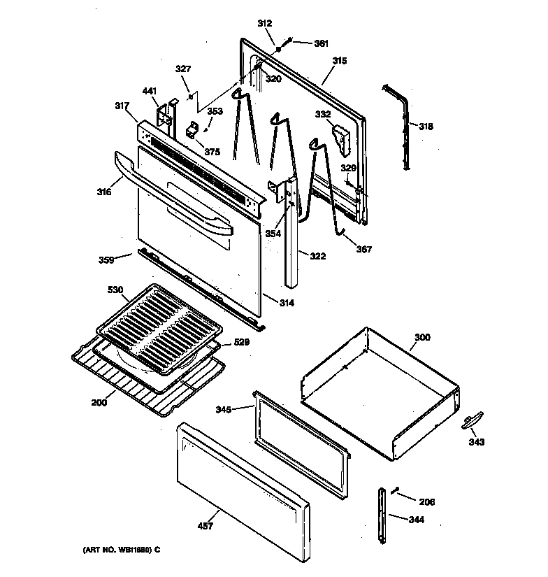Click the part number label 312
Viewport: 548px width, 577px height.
click(264, 24)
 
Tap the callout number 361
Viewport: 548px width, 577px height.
click(321, 43)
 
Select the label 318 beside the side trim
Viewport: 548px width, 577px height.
click(426, 127)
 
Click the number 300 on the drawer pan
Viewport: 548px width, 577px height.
click(422, 338)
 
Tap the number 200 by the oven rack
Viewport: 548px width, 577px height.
click(101, 404)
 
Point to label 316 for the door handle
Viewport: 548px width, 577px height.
click(104, 191)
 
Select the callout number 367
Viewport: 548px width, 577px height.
click(363, 249)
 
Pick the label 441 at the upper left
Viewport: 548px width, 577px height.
click(150, 91)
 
